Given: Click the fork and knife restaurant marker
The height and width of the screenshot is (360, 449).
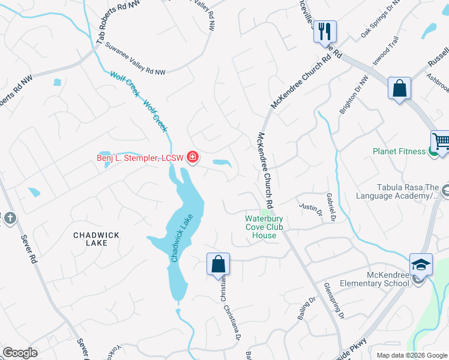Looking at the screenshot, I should (x=325, y=31).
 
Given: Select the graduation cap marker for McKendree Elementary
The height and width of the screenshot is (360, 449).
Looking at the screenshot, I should (x=421, y=264).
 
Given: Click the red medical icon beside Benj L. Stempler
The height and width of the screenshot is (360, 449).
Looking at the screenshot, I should (x=193, y=158).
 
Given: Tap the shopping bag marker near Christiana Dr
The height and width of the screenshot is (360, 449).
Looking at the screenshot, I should (x=218, y=264).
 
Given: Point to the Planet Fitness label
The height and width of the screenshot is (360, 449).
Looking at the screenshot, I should (x=399, y=151).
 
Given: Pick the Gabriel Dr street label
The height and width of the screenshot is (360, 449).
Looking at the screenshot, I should (x=330, y=206).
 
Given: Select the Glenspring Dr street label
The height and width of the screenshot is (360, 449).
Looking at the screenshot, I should (x=334, y=300).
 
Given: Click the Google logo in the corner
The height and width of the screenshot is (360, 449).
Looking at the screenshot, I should (x=20, y=353).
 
